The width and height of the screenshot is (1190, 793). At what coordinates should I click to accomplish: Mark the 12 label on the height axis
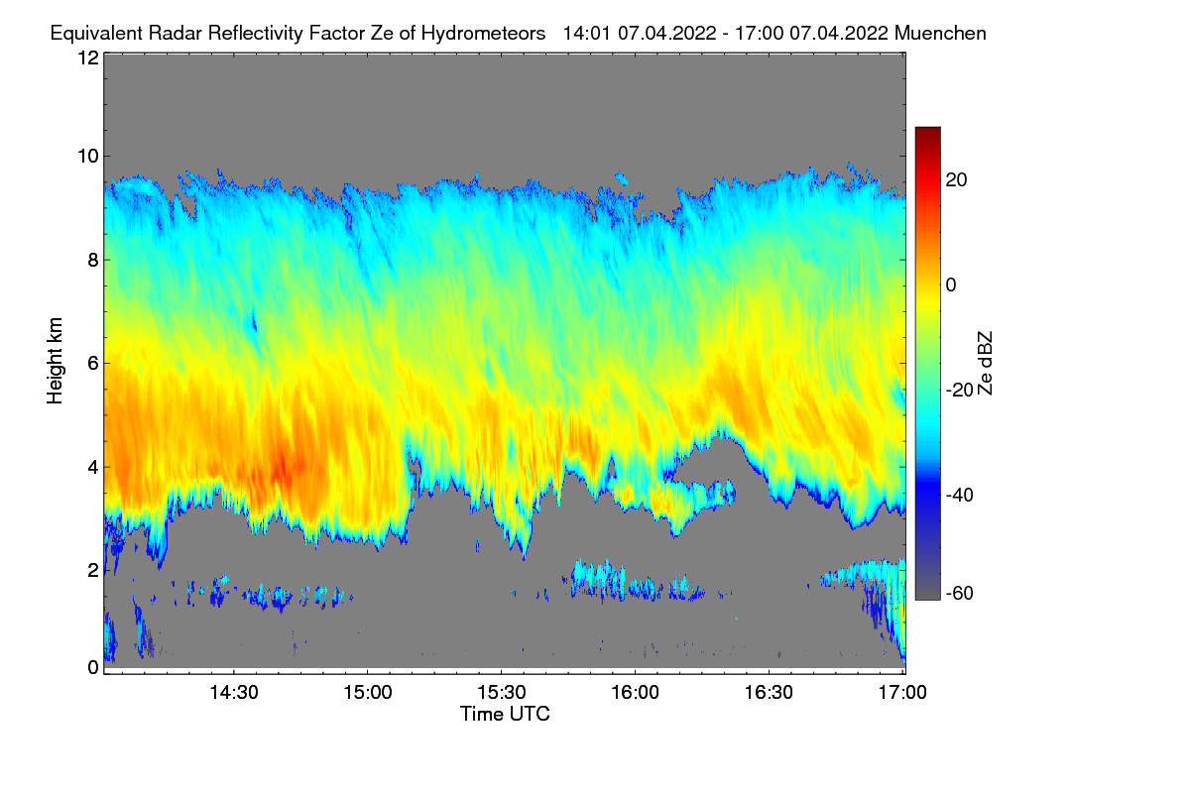tap(87, 57)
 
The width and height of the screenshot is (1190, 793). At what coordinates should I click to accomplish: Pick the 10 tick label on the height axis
tap(87, 157)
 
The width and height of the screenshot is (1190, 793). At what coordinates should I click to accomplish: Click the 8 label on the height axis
tap(91, 260)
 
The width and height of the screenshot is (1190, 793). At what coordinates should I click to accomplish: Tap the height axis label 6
tap(91, 363)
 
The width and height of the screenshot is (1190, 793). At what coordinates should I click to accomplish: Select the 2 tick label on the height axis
tap(91, 569)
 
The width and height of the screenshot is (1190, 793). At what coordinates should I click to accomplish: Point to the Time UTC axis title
tap(505, 714)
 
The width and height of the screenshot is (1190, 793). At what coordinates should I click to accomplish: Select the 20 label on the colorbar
tap(957, 179)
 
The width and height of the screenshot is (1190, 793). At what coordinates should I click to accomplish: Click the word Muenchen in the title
tap(940, 33)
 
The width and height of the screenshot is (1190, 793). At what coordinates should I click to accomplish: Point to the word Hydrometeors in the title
tap(483, 33)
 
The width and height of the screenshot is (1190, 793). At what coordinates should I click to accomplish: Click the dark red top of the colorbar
tap(927, 131)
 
